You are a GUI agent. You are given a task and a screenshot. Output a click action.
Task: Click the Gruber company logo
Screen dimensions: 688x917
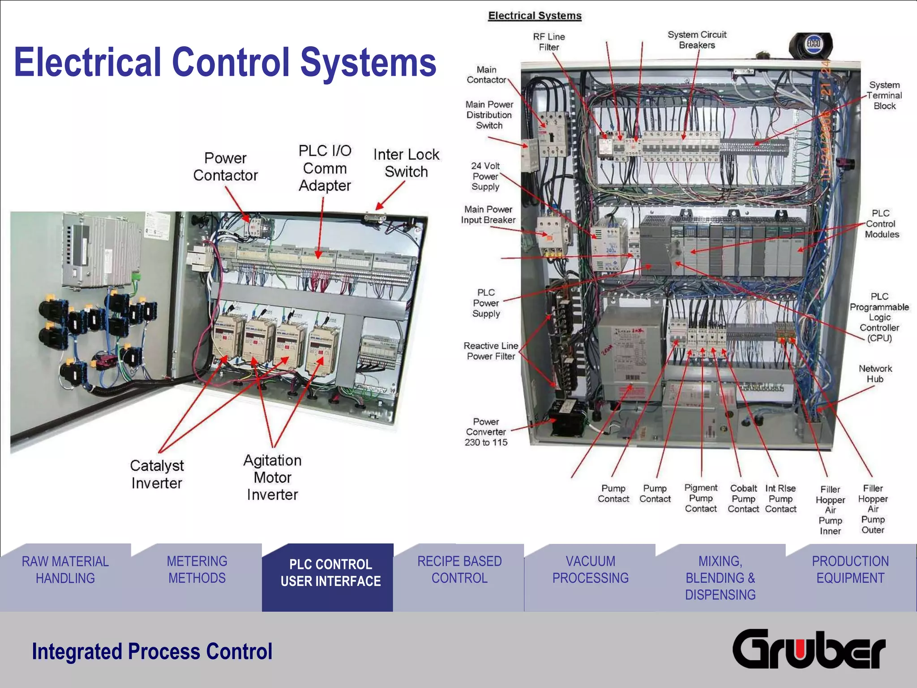tap(809, 649)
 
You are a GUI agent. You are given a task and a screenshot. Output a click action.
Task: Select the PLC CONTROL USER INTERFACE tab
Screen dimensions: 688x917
tap(330, 573)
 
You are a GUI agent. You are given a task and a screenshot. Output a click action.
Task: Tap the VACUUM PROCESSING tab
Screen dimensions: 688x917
tap(590, 570)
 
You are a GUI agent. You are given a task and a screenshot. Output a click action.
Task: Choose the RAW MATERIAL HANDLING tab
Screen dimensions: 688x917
tap(65, 570)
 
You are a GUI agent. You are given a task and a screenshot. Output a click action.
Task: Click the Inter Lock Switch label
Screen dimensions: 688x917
tap(406, 163)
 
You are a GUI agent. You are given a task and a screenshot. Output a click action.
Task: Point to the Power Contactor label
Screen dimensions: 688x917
tap(225, 167)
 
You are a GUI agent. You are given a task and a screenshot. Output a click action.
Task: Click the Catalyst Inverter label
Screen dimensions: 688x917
tap(157, 474)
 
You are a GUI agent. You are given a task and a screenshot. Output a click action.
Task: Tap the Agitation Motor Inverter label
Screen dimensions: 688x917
tap(272, 477)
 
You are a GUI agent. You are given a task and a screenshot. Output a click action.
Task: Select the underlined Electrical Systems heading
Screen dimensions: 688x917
tap(535, 16)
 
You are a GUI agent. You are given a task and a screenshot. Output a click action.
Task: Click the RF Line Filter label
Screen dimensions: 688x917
tap(549, 42)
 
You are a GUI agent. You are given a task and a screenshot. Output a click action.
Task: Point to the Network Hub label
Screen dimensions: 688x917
tap(875, 374)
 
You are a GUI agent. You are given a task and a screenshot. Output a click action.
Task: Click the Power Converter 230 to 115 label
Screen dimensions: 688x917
tap(486, 432)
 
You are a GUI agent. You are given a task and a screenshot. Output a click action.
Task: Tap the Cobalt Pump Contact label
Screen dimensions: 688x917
tap(743, 499)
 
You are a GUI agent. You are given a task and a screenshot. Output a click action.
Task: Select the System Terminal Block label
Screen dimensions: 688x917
tap(884, 95)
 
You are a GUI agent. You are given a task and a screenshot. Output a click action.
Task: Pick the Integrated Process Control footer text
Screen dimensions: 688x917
tap(152, 651)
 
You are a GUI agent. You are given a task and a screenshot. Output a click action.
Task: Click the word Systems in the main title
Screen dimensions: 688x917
tap(368, 62)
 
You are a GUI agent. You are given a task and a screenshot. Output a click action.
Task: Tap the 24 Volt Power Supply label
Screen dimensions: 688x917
tap(485, 176)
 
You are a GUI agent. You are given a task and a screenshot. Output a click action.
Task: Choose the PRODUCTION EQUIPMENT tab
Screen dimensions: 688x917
tap(850, 570)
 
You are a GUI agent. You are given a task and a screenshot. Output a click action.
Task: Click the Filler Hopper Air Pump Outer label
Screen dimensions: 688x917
tap(873, 509)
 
